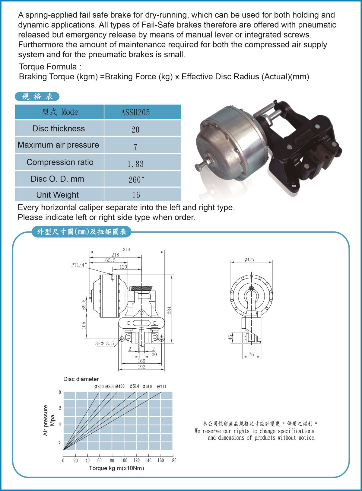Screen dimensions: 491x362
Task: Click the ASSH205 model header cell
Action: pyautogui.click(x=135, y=112)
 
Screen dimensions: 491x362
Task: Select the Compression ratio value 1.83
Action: pyautogui.click(x=135, y=164)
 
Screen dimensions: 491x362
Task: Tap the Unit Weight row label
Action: pyautogui.click(x=57, y=195)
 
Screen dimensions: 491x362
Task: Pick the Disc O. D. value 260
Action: pyautogui.click(x=135, y=180)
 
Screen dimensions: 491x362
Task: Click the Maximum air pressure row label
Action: pyautogui.click(x=58, y=145)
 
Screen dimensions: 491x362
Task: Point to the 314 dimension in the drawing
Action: pyautogui.click(x=127, y=250)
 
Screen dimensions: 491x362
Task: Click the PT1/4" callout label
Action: pyautogui.click(x=79, y=265)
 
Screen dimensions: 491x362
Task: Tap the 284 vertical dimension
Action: pyautogui.click(x=170, y=310)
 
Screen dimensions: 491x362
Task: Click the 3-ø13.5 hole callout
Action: pyautogui.click(x=105, y=343)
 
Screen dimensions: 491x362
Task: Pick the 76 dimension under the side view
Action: pyautogui.click(x=251, y=355)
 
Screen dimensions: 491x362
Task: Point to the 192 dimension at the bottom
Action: pyautogui.click(x=141, y=367)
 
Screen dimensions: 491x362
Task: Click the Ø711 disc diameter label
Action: pyautogui.click(x=161, y=386)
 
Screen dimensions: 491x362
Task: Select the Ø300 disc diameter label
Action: pyautogui.click(x=99, y=387)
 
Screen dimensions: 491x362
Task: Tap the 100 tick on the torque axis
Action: pyautogui.click(x=124, y=461)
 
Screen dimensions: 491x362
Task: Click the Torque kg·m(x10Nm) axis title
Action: pyautogui.click(x=116, y=468)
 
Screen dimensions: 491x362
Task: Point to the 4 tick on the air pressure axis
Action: pyautogui.click(x=60, y=424)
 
